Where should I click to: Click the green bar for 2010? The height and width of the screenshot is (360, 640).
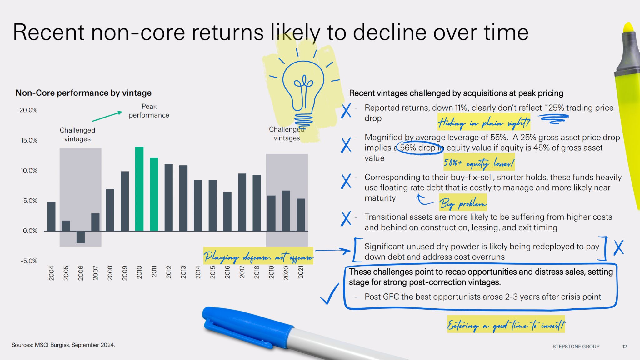tap(139, 189)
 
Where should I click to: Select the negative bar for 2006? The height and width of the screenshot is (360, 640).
tap(81, 237)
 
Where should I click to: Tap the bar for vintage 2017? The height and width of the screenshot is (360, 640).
tap(242, 202)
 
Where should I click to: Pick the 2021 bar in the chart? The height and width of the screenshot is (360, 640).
tap(301, 215)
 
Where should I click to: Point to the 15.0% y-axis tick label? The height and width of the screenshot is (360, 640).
tap(29, 140)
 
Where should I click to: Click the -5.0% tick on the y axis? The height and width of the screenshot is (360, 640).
tap(29, 261)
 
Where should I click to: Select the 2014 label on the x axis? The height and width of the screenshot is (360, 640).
tap(198, 272)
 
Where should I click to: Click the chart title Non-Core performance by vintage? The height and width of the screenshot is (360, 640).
tap(83, 93)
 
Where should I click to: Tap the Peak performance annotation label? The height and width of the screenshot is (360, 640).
tap(149, 111)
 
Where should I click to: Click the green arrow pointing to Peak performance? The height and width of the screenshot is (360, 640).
tap(107, 116)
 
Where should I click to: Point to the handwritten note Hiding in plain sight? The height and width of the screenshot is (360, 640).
tap(484, 123)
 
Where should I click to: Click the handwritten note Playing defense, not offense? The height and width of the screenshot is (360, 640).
tap(258, 257)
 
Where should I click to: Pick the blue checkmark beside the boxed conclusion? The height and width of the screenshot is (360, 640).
tap(329, 294)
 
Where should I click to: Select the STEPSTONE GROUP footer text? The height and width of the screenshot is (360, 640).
tap(576, 347)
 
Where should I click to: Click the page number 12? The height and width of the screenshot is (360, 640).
tap(625, 347)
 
